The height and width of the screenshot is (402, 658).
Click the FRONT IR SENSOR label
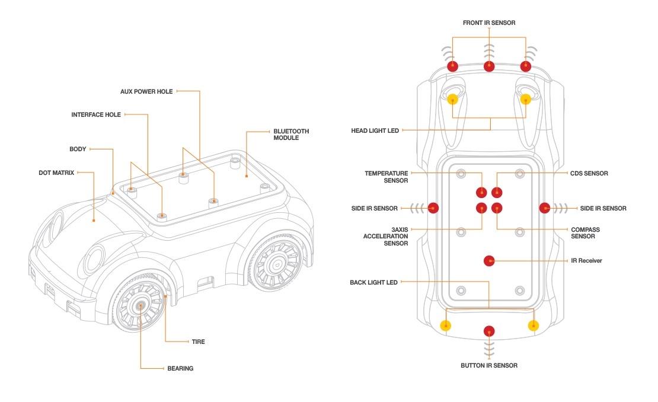click(x=489, y=23)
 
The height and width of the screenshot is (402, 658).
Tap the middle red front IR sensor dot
click(x=489, y=66)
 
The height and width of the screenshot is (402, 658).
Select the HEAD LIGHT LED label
click(x=375, y=130)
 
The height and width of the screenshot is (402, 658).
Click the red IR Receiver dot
click(x=489, y=260)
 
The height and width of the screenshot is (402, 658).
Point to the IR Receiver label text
click(x=586, y=260)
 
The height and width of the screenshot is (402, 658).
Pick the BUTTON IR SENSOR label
click(x=489, y=365)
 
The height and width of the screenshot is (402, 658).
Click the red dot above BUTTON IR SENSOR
click(x=489, y=331)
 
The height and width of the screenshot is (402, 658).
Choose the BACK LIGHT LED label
click(x=373, y=283)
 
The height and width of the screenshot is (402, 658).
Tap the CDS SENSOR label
click(x=588, y=174)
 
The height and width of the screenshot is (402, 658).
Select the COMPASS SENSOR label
click(x=585, y=233)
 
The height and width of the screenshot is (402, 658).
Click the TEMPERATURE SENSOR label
click(x=386, y=177)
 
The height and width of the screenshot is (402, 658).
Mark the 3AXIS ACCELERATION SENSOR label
click(x=385, y=236)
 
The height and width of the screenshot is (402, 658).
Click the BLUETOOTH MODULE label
click(x=290, y=135)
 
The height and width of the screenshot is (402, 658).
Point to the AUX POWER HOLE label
click(x=146, y=92)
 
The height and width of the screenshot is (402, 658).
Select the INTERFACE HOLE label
click(x=96, y=115)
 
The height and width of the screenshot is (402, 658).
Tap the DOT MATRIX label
click(x=56, y=173)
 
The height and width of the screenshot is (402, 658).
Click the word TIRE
click(x=198, y=342)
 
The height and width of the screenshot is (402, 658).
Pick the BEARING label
click(x=180, y=368)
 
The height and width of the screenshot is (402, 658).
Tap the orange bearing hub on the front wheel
click(x=140, y=305)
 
